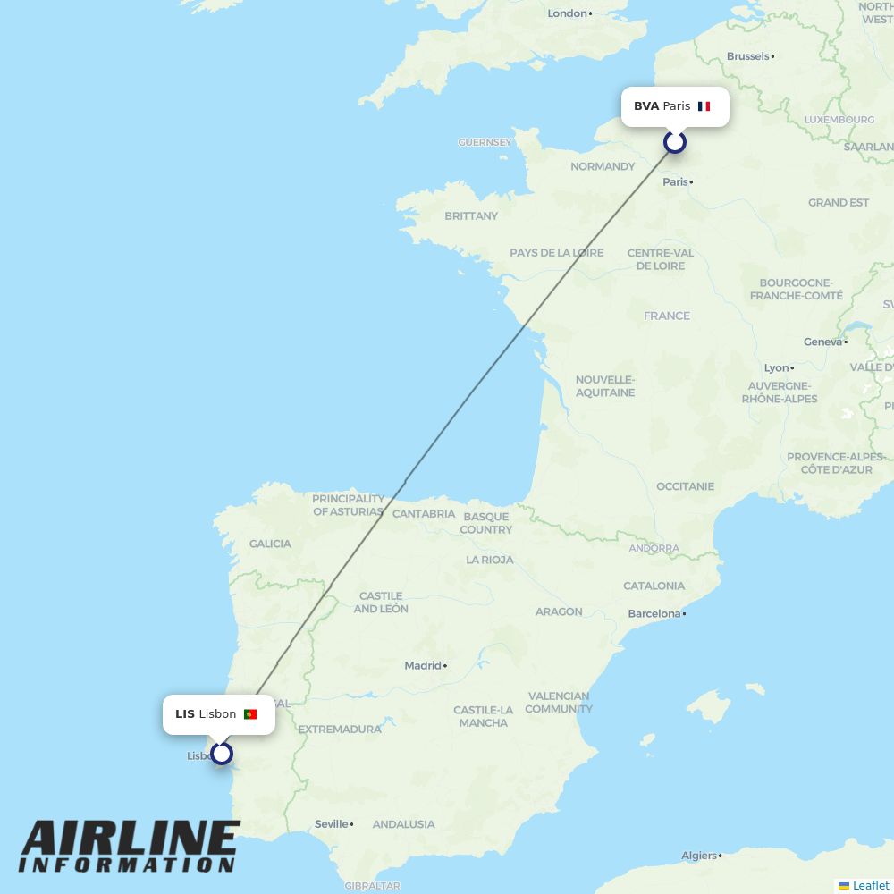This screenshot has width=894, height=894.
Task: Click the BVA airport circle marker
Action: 675,142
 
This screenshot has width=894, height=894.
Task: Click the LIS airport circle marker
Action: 222,754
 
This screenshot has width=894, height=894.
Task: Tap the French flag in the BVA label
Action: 704,106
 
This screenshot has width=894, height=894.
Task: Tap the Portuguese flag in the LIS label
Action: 250,714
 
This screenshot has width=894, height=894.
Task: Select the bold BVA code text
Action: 646,106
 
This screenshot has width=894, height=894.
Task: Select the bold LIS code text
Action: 185,714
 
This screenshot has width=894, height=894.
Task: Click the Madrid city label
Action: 423,665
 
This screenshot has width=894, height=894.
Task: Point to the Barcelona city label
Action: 654,614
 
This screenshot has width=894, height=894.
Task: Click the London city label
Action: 568,13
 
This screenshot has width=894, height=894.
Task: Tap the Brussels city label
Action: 747,56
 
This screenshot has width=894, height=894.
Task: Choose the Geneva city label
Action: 822,342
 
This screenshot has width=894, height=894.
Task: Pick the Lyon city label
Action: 776,367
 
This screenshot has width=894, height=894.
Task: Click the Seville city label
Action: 331,824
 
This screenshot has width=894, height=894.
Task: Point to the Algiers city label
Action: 698,856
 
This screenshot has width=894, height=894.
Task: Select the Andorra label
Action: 654,548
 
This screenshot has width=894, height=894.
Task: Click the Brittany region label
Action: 471,215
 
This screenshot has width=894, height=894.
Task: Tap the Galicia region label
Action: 270,544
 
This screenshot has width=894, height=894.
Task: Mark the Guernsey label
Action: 485,142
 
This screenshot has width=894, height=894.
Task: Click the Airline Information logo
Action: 130,846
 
